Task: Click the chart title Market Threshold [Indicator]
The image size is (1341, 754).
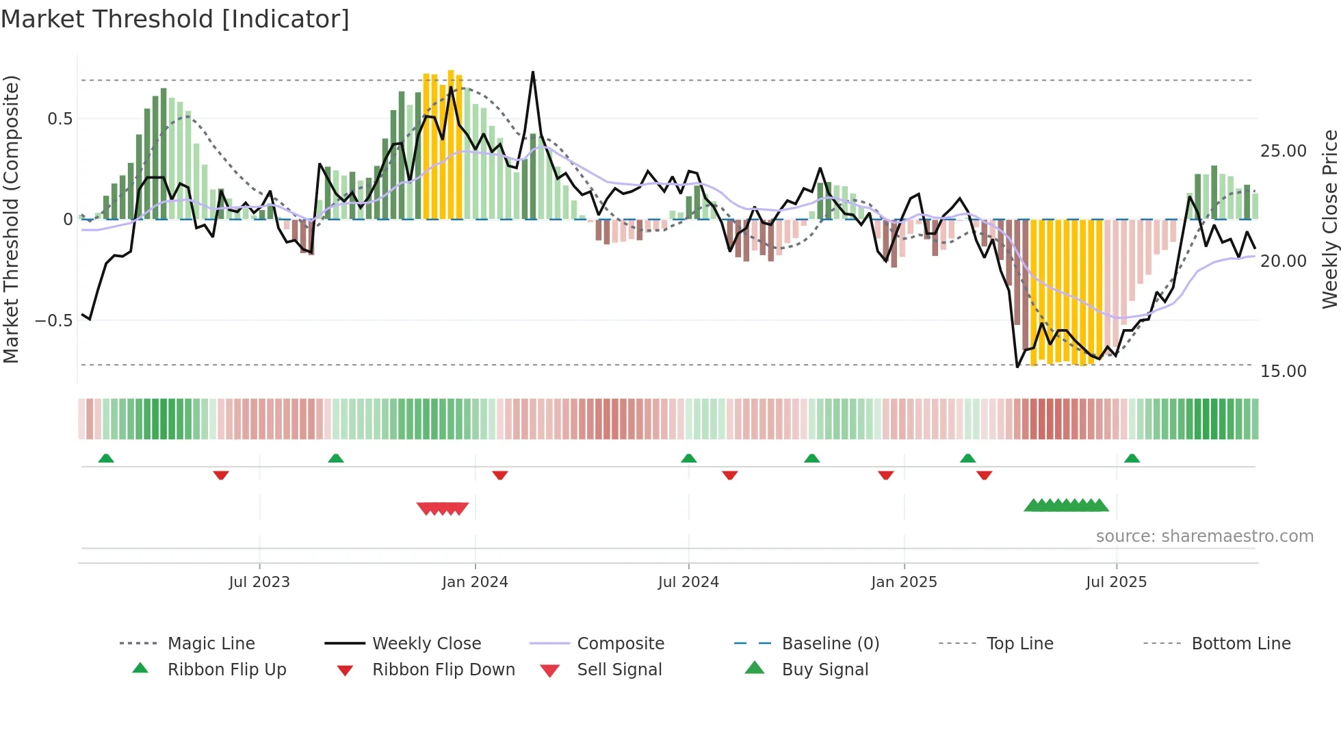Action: click(175, 19)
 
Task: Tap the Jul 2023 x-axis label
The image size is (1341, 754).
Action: click(259, 582)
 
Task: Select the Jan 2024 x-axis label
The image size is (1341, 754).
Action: click(475, 582)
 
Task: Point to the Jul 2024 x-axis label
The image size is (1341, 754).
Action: click(688, 582)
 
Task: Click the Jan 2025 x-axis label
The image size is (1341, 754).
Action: click(904, 582)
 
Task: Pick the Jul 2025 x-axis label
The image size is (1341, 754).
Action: click(1116, 582)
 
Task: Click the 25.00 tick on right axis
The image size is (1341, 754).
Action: click(1283, 151)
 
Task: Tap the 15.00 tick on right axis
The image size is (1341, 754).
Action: click(1283, 372)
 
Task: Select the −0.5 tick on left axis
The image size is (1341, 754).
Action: click(54, 321)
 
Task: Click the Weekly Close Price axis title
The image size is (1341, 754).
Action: click(1329, 219)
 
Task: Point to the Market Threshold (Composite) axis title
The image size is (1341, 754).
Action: click(11, 219)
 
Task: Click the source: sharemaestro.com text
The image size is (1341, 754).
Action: click(1204, 536)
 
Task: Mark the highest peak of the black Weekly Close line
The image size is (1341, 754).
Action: click(533, 73)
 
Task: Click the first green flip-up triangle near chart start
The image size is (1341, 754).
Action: click(106, 458)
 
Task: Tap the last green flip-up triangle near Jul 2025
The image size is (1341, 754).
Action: click(1132, 458)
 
